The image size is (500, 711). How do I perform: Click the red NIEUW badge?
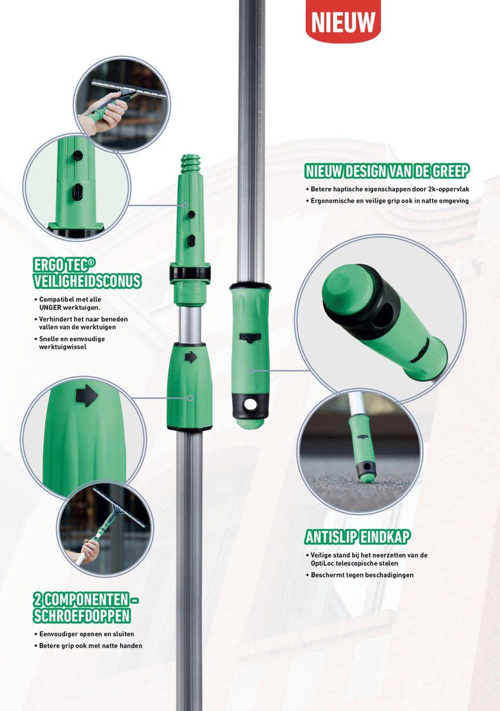[x=343, y=21]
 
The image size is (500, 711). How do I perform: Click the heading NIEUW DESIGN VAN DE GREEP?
[x=387, y=171]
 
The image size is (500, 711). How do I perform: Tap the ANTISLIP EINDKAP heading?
[x=357, y=537]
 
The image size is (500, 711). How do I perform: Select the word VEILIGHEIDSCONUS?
[x=87, y=281]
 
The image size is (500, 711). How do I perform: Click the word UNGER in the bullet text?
[x=50, y=308]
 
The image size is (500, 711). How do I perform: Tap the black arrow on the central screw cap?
[x=191, y=357]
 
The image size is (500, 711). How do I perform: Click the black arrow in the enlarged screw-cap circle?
[x=86, y=396]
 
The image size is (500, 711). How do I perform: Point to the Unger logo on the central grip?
[x=250, y=337]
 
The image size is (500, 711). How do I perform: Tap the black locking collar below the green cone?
[x=189, y=273]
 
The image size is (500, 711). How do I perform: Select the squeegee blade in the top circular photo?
[x=129, y=88]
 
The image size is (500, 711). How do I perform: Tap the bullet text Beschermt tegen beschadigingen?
[x=362, y=575]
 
